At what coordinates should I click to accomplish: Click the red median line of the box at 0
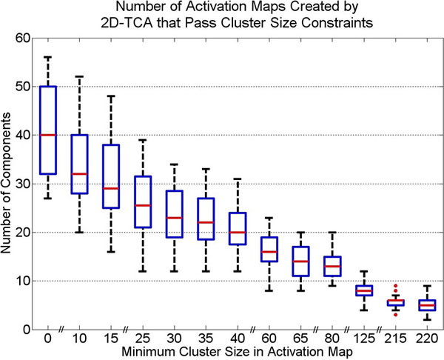tap(47, 135)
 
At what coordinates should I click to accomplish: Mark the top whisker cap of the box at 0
tap(47, 57)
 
